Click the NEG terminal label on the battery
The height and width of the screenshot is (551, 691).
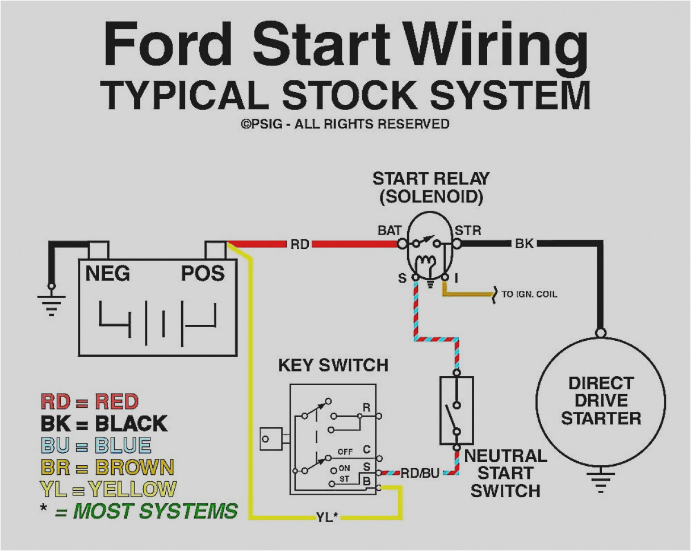pos(108,274)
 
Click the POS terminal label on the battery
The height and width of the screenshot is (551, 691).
pos(203,274)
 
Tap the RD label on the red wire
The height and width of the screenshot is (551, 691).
pos(299,244)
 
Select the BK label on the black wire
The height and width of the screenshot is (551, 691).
pos(524,244)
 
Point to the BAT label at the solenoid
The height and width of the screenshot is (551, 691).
pos(390,231)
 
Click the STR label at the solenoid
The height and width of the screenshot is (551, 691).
pos(468,231)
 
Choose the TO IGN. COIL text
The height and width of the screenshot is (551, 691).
pos(529,294)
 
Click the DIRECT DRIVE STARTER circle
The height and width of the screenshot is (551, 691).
pos(600,400)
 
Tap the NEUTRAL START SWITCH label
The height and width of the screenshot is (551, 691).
pos(505,473)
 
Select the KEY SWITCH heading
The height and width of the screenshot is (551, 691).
pos(333,365)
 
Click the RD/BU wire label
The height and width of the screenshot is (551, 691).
pos(420,473)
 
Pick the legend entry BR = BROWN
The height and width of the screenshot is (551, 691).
pos(107,467)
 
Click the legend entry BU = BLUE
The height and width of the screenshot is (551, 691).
pos(96,445)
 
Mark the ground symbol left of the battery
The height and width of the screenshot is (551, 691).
pos(52,305)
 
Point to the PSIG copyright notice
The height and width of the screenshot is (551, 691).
pos(345,124)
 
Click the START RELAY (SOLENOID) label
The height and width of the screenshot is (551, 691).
pos(430,187)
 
